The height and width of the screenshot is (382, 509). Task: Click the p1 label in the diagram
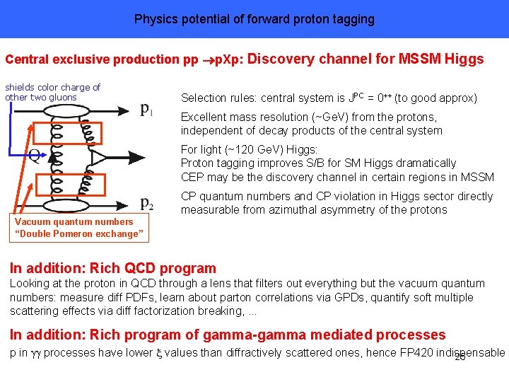point(148,110)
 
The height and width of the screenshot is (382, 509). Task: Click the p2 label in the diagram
point(148,205)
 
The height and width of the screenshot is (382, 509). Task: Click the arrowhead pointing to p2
point(128,204)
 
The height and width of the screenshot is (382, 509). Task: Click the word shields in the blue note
point(21,87)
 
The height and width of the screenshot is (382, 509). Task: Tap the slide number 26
point(460,357)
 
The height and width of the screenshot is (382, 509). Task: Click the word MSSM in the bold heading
point(421,59)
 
